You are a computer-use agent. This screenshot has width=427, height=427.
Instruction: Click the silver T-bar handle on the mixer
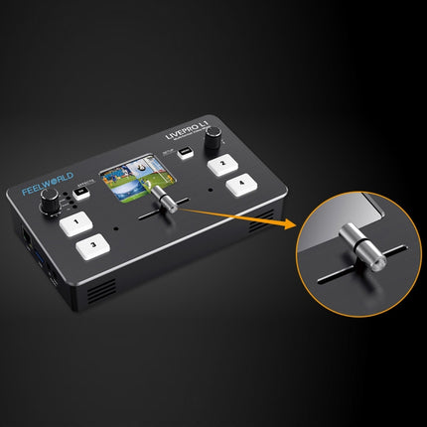pos(169,202)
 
